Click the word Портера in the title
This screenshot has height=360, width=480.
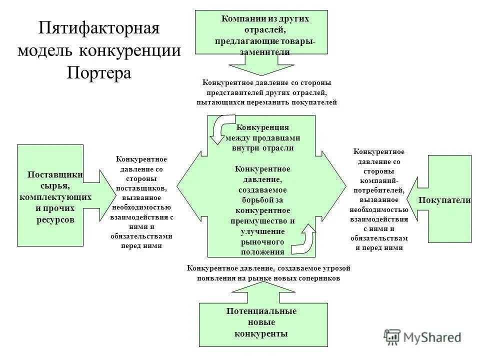99,72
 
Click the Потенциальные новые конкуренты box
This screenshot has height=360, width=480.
263,324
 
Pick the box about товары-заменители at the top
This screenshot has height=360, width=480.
261,31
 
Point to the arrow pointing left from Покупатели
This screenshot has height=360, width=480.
418,199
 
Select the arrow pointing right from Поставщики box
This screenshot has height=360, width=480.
106,195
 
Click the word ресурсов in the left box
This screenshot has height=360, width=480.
55,219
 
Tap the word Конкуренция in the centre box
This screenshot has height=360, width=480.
262,127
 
